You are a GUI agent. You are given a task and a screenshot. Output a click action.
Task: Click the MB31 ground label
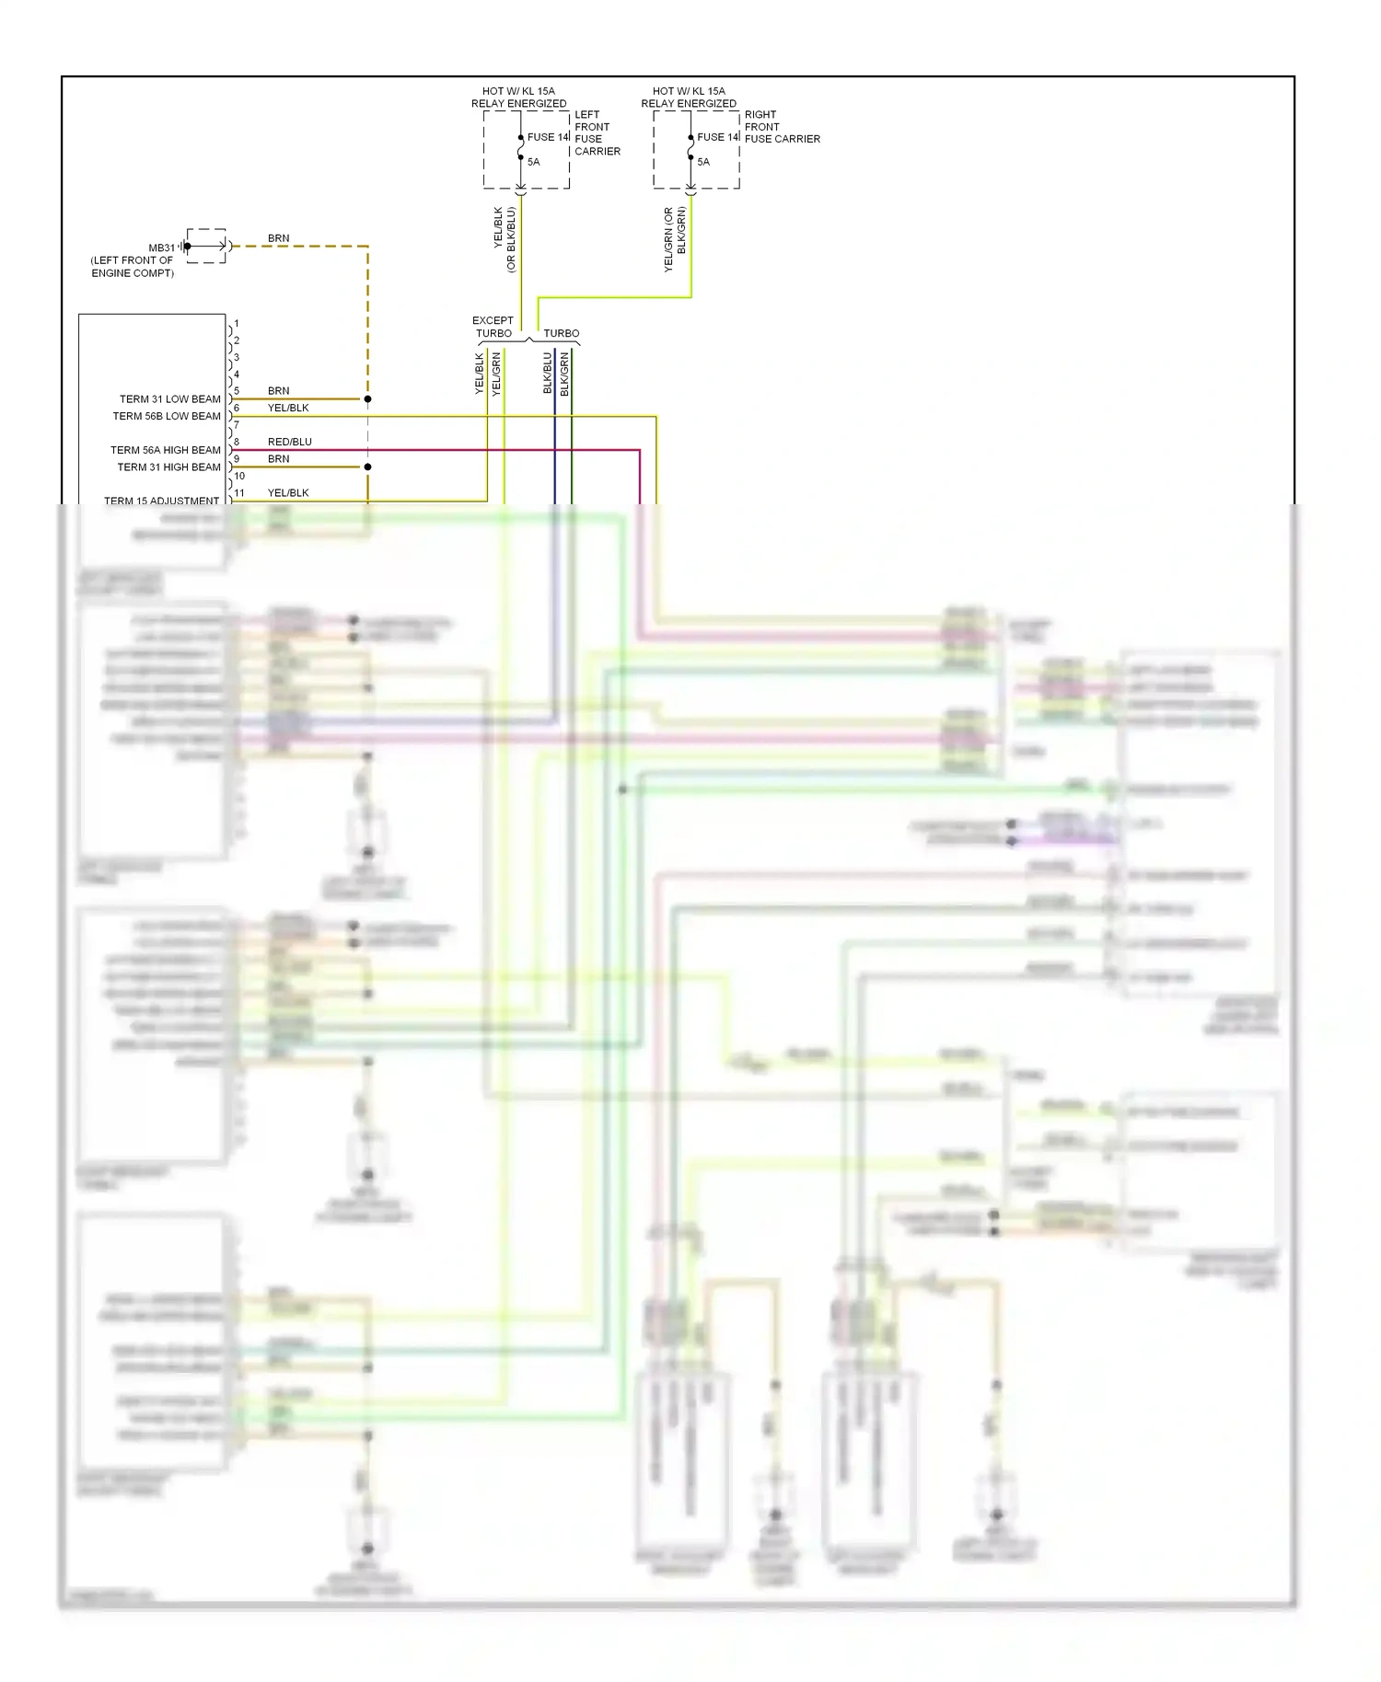[x=161, y=248]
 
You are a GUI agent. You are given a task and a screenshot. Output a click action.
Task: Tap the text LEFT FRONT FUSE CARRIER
[x=597, y=132]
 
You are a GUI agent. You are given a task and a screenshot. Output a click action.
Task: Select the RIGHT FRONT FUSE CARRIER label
[x=782, y=127]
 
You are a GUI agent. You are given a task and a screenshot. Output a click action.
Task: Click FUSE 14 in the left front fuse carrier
[x=548, y=137]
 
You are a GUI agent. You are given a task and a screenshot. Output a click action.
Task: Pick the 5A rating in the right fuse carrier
[x=703, y=162]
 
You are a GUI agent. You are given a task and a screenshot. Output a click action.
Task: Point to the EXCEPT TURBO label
[x=493, y=327]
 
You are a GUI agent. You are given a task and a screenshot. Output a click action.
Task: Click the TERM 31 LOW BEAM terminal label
[x=169, y=399]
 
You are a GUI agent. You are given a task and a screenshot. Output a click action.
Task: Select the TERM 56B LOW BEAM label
[x=167, y=416]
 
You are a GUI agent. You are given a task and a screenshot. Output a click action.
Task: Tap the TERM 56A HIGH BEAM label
[x=166, y=450]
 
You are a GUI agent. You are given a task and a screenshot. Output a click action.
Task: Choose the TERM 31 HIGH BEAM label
[x=168, y=467]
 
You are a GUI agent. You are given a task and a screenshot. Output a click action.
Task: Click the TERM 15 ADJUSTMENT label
[x=161, y=501]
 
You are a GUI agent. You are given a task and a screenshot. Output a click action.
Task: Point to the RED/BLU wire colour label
[x=289, y=442]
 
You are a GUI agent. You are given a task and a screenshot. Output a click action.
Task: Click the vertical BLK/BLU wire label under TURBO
[x=548, y=373]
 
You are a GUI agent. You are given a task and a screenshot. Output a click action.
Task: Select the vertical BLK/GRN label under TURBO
[x=564, y=374]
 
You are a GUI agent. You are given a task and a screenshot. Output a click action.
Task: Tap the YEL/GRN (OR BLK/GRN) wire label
[x=675, y=239]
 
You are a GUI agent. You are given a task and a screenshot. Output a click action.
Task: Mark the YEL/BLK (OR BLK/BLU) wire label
[x=505, y=239]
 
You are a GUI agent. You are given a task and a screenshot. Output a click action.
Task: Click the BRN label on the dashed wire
[x=278, y=238]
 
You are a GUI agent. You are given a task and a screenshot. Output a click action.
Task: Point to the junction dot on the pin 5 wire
[x=367, y=399]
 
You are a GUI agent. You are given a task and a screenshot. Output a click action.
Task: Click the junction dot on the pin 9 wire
[x=367, y=467]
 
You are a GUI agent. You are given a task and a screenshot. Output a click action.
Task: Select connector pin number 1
[x=237, y=324]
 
